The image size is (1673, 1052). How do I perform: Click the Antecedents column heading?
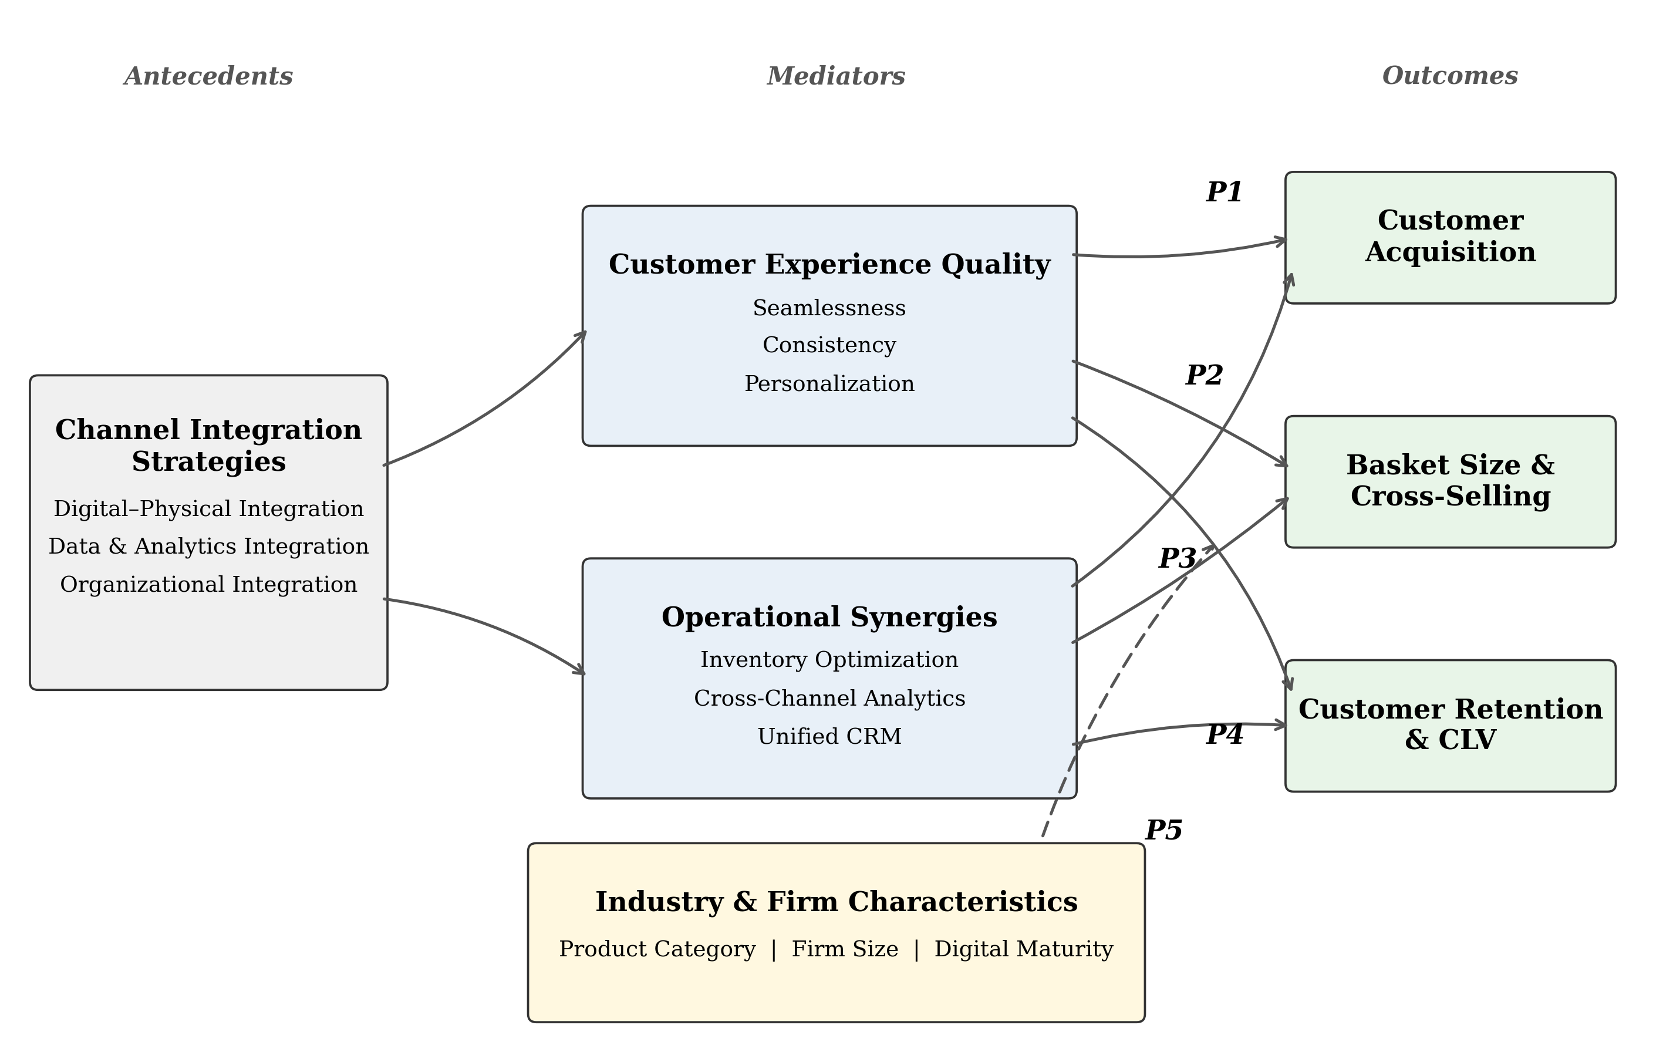tap(208, 76)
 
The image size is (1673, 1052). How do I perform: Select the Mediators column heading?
tap(836, 76)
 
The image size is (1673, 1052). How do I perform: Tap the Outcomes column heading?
tap(1449, 75)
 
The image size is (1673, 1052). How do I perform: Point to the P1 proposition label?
tap(1224, 192)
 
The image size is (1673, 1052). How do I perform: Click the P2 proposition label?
tap(1204, 375)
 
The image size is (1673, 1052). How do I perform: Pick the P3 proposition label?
tap(1177, 559)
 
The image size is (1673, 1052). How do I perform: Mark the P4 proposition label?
tap(1224, 734)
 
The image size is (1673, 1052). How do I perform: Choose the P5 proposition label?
tap(1163, 830)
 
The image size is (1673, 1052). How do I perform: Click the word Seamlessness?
tap(829, 308)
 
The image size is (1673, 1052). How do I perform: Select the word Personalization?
tap(829, 383)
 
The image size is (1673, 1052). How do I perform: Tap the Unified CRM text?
tap(829, 737)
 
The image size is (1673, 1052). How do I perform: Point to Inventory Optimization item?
tap(829, 659)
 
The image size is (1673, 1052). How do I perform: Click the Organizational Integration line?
tap(208, 584)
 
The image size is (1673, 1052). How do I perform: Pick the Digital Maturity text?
tap(1023, 949)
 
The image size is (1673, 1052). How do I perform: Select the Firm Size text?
tap(845, 949)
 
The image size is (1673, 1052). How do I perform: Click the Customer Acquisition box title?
tap(1450, 236)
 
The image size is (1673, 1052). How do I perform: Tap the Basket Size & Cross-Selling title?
tap(1450, 481)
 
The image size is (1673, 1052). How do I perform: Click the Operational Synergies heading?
tap(829, 617)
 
